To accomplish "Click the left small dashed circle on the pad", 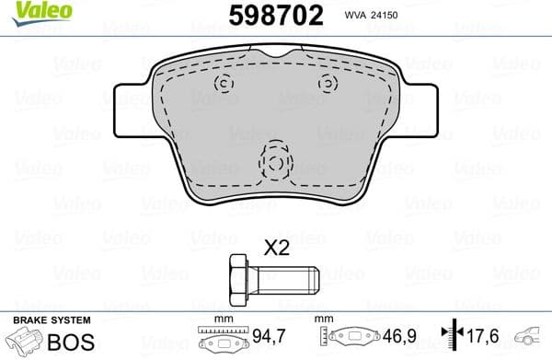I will tap(224, 84).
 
